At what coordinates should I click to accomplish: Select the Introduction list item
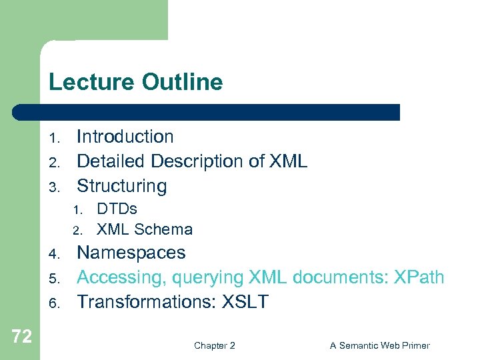125,137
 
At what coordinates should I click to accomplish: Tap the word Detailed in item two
111,161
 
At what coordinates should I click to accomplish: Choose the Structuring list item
121,186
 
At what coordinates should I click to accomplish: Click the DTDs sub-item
117,209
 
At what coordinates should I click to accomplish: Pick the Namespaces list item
131,253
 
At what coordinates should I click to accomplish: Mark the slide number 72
21,337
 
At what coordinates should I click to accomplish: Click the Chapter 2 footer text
214,345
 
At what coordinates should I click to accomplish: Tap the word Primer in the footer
415,345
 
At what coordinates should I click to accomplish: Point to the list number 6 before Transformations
55,304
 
